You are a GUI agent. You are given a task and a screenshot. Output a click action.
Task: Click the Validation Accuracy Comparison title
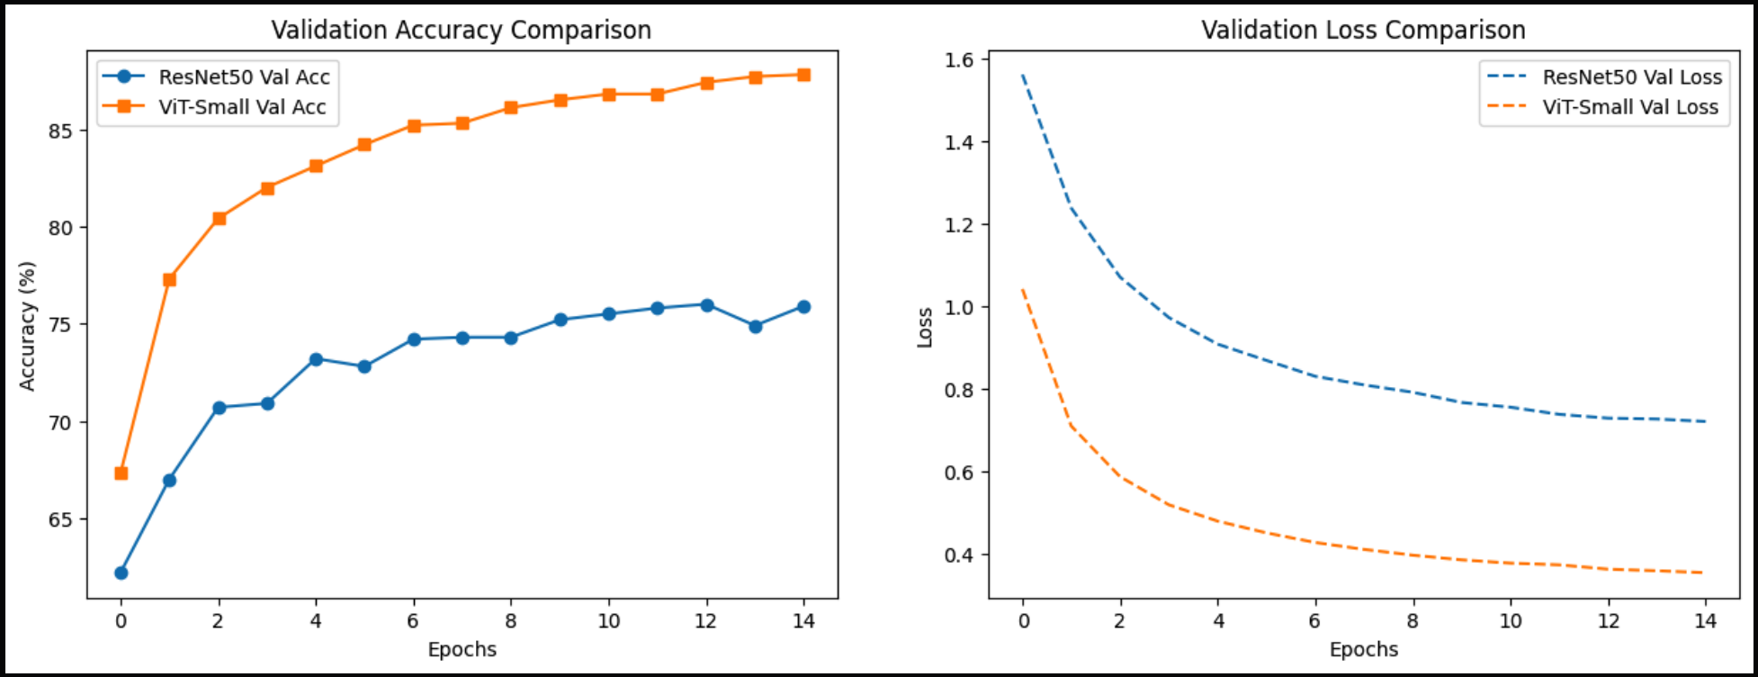point(461,30)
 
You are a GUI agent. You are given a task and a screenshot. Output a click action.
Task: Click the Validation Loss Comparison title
point(1363,30)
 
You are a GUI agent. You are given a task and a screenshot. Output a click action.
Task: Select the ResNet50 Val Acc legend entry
point(244,77)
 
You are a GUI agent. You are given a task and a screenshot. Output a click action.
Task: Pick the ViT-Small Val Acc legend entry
point(242,107)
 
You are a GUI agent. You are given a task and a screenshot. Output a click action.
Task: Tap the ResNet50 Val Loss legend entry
point(1631,77)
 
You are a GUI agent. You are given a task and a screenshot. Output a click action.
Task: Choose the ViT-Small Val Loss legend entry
point(1629,107)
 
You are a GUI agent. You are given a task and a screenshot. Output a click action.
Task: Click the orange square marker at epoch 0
point(121,474)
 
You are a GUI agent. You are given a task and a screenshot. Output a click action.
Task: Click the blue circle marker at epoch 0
point(121,573)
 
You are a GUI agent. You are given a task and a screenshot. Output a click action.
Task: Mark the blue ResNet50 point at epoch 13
point(755,327)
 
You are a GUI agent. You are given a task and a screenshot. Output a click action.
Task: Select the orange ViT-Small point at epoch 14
point(803,75)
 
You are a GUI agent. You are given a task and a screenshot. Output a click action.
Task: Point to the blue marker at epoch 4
point(316,359)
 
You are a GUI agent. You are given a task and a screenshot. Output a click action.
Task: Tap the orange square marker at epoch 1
point(169,280)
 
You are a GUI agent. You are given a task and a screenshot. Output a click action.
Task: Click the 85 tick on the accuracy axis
point(60,131)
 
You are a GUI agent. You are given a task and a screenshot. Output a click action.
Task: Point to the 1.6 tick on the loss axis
point(959,59)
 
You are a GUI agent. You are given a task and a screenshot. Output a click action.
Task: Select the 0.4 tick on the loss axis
point(959,555)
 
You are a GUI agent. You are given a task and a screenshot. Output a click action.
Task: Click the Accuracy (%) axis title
point(28,326)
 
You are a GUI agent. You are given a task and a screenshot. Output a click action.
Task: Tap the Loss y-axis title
point(925,327)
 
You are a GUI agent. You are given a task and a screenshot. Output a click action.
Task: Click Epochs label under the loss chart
point(1363,649)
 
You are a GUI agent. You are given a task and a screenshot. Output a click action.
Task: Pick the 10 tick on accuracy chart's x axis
point(609,621)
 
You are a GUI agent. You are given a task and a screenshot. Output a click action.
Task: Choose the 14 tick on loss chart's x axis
point(1705,621)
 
